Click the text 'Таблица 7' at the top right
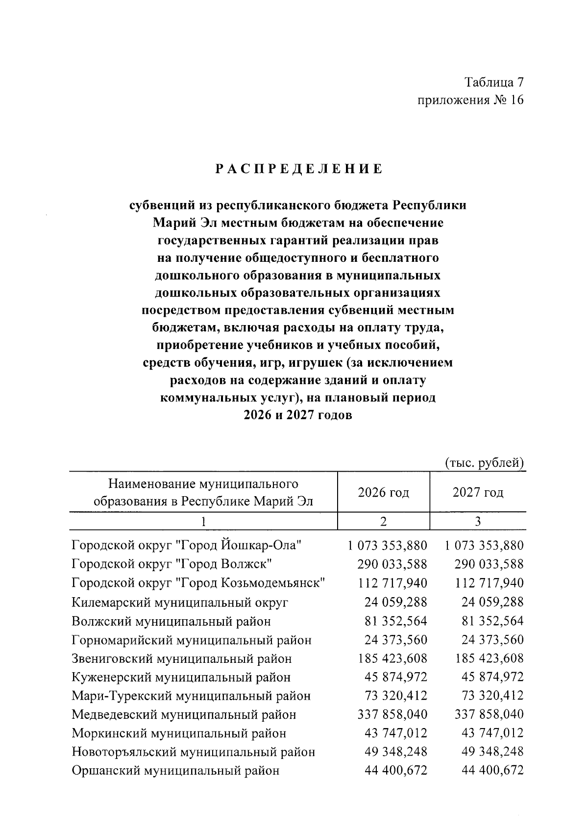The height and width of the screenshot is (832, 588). pos(494,81)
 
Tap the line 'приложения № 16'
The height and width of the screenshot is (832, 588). pos(470,100)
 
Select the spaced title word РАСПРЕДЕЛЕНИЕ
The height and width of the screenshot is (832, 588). pos(298,170)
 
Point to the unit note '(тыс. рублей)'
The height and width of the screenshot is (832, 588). pos(485,463)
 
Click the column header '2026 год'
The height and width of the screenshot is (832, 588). pos(383,492)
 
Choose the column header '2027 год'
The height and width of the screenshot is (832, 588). pos(478,492)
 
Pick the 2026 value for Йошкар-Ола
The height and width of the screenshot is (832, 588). pos(387,546)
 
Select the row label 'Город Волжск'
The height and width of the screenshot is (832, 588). pos(171,564)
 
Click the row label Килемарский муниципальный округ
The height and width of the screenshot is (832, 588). pos(180,602)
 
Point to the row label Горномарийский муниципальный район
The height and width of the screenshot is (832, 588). pos(192,640)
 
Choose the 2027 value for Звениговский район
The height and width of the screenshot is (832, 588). pos(489,658)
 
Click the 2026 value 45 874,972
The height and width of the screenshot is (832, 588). pos(395,678)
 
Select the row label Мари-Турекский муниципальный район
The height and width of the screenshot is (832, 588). pos(191,696)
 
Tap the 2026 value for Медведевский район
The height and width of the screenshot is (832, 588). pos(392,715)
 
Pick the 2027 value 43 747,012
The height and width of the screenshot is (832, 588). pos(492,733)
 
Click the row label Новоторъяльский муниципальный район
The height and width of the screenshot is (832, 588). pos(193,752)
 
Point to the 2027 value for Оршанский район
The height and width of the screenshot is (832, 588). pos(492,771)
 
